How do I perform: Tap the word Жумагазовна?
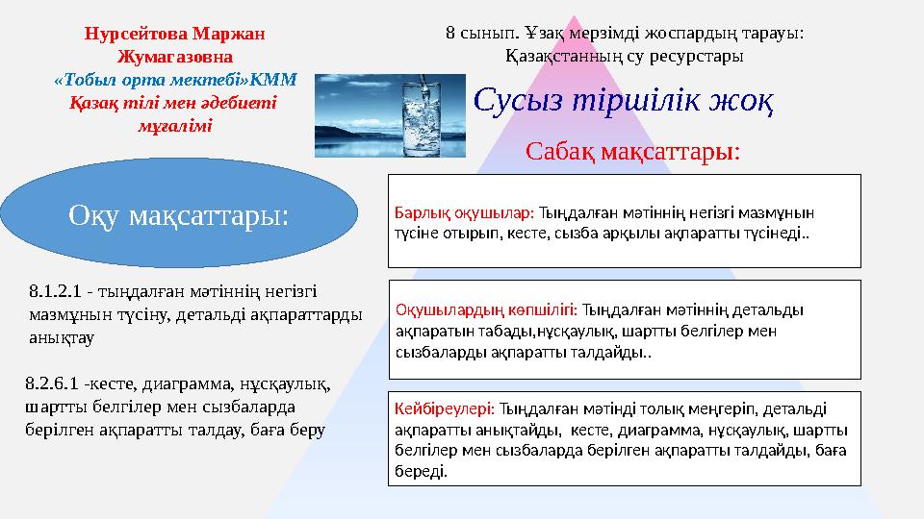pyautogui.click(x=175, y=57)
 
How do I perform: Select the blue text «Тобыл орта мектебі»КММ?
pyautogui.click(x=175, y=80)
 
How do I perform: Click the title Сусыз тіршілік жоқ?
pyautogui.click(x=623, y=101)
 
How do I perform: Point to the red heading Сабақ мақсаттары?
pyautogui.click(x=632, y=152)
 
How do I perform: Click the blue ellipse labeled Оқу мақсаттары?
pyautogui.click(x=179, y=213)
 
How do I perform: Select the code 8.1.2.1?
pyautogui.click(x=55, y=291)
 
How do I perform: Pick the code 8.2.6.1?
pyautogui.click(x=52, y=383)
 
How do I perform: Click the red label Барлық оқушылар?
pyautogui.click(x=464, y=212)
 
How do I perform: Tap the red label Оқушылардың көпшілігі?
pyautogui.click(x=486, y=309)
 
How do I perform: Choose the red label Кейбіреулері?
pyautogui.click(x=445, y=408)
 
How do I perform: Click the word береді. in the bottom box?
pyautogui.click(x=421, y=471)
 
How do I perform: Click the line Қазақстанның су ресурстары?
pyautogui.click(x=624, y=57)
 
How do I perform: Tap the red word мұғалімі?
pyautogui.click(x=175, y=126)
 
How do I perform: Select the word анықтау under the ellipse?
pyautogui.click(x=62, y=337)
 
